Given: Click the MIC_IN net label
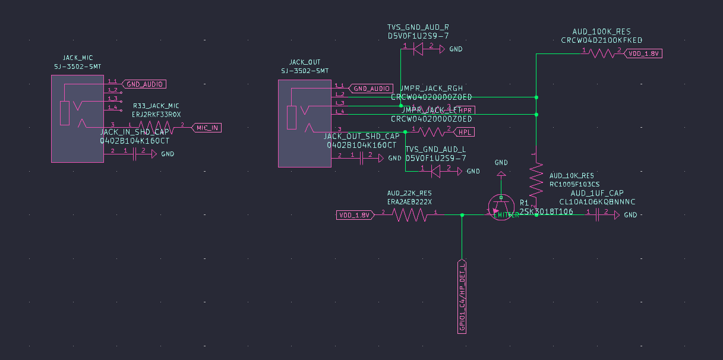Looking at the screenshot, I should click(x=207, y=127).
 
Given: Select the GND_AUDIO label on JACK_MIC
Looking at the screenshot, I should click(x=143, y=84).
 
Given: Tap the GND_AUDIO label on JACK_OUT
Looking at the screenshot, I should click(x=371, y=89).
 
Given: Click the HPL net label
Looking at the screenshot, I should click(x=467, y=131).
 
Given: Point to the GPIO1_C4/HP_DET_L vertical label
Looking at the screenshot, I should click(x=462, y=296).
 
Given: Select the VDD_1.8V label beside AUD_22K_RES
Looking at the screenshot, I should click(x=354, y=214).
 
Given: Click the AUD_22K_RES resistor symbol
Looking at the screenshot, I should click(x=408, y=214).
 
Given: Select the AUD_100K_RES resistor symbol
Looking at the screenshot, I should click(x=601, y=53).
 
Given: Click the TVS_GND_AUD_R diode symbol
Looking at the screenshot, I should click(x=418, y=49).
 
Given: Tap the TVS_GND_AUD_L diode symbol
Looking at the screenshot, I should click(x=435, y=171).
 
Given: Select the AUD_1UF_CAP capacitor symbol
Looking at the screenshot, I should click(x=597, y=214).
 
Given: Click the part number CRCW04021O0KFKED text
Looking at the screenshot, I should click(x=601, y=40).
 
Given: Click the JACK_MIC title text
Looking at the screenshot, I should click(x=78, y=58).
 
